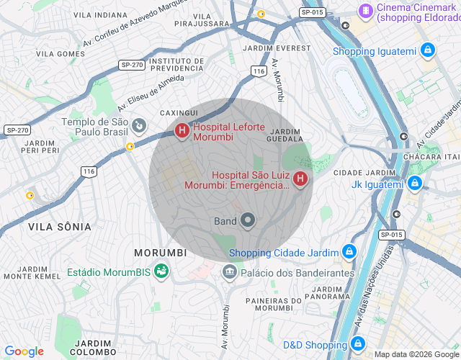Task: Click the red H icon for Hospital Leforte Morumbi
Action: [182, 130]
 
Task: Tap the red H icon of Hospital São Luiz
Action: [300, 178]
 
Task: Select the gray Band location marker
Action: [248, 220]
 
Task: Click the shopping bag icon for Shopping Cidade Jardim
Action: [349, 252]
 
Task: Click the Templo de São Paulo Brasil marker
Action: [139, 127]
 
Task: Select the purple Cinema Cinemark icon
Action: [367, 11]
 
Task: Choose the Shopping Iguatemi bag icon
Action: [428, 50]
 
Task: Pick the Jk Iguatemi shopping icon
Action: [414, 184]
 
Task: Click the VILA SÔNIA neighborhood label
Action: [60, 227]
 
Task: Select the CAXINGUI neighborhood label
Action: [178, 114]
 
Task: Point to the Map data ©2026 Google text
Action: [416, 354]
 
